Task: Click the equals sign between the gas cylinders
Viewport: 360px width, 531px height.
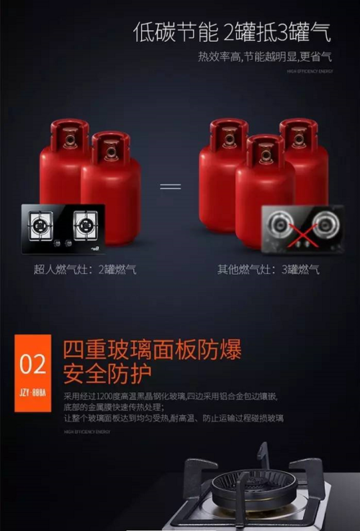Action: coord(170,186)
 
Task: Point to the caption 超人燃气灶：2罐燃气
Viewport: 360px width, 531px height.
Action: coord(85,270)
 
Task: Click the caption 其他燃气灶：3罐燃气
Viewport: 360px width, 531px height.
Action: coord(269,270)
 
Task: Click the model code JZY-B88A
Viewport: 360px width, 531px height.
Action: coord(32,395)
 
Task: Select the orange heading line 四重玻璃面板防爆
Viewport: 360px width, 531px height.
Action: coord(152,350)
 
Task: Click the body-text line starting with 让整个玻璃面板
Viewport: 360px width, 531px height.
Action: coord(173,417)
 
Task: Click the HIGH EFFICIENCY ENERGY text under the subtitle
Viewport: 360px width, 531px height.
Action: coord(310,72)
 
